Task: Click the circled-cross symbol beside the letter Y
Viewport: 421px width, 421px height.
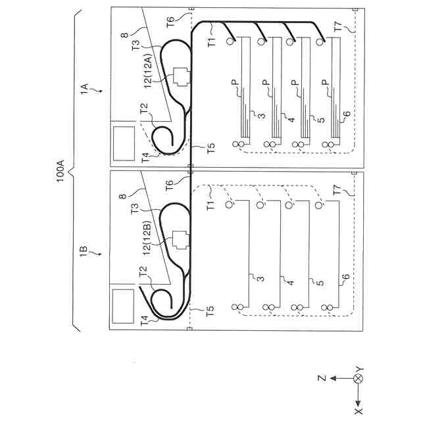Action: click(359, 380)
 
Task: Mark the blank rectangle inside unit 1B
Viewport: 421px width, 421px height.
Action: click(124, 307)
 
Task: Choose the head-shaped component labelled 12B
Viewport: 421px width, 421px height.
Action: click(179, 242)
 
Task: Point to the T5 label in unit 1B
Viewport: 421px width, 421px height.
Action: click(210, 312)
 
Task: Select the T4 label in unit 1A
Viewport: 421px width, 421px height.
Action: click(145, 158)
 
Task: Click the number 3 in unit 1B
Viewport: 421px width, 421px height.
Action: click(261, 279)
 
